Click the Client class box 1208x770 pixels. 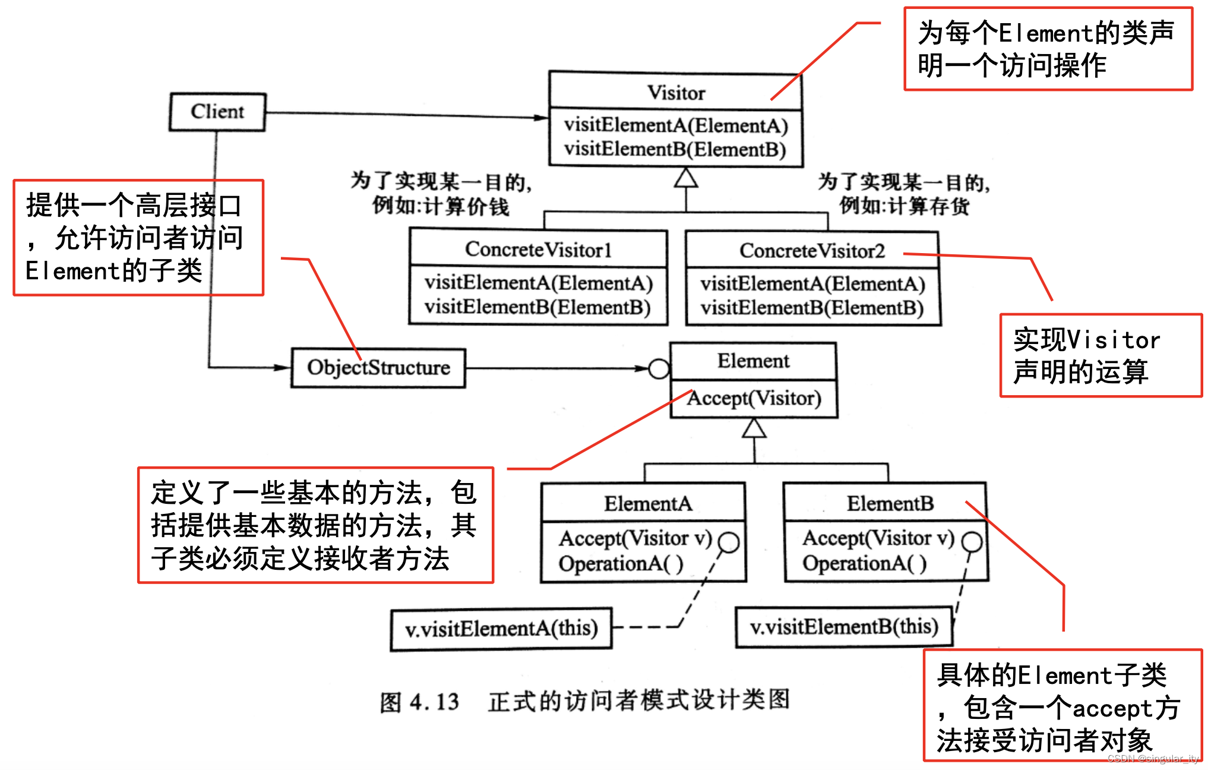click(217, 112)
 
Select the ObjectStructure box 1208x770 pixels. click(378, 368)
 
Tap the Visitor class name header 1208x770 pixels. click(676, 93)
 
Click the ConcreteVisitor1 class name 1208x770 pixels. click(538, 250)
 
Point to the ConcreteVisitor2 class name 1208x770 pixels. click(812, 251)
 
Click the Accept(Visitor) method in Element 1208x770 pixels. click(754, 398)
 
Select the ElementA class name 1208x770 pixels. click(648, 504)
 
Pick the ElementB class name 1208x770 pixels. click(890, 504)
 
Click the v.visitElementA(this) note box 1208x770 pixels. click(501, 629)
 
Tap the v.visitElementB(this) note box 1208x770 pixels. click(844, 627)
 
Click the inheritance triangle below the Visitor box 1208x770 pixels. click(686, 178)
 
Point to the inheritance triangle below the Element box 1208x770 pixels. click(754, 428)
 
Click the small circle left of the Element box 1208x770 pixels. click(659, 368)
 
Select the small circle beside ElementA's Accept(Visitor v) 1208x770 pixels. click(729, 542)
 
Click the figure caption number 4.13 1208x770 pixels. click(434, 702)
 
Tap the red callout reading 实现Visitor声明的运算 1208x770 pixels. click(1101, 355)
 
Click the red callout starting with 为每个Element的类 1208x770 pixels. click(1048, 49)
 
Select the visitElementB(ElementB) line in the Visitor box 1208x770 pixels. click(675, 149)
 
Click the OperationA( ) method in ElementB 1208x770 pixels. click(864, 563)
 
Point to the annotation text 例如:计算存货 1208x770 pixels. click(904, 206)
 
